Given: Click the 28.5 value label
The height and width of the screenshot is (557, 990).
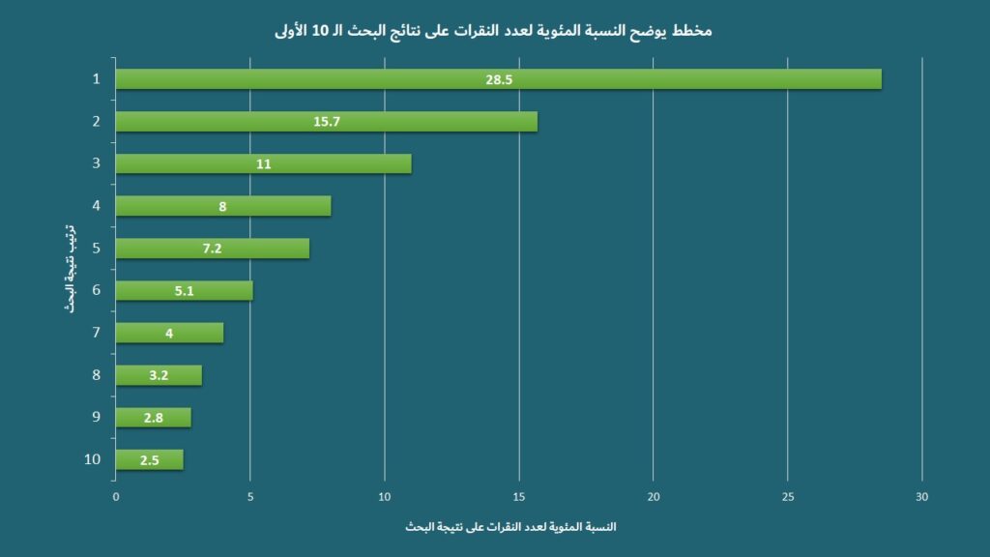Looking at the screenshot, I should (499, 79).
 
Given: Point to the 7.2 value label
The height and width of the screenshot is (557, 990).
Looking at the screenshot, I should (213, 249).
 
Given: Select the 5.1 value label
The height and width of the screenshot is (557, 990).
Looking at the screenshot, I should (185, 291).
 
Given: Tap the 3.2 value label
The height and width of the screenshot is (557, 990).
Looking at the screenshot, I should (159, 375).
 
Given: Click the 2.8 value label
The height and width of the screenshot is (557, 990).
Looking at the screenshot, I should (153, 418).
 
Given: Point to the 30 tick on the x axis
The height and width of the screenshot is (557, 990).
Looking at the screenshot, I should (921, 497).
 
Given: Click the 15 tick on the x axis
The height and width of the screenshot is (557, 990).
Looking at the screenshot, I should (519, 497).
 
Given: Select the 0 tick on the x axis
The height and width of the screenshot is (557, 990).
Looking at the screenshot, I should (116, 497).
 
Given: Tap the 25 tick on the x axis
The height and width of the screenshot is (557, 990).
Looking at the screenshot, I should (787, 497).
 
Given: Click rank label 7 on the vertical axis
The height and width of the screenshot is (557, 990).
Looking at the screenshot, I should (96, 333).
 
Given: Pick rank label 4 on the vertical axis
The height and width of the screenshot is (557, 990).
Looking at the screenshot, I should (96, 205).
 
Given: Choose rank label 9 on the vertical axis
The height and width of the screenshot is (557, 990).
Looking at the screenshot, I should (96, 417).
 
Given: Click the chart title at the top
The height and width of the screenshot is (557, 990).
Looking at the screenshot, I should (493, 31).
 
